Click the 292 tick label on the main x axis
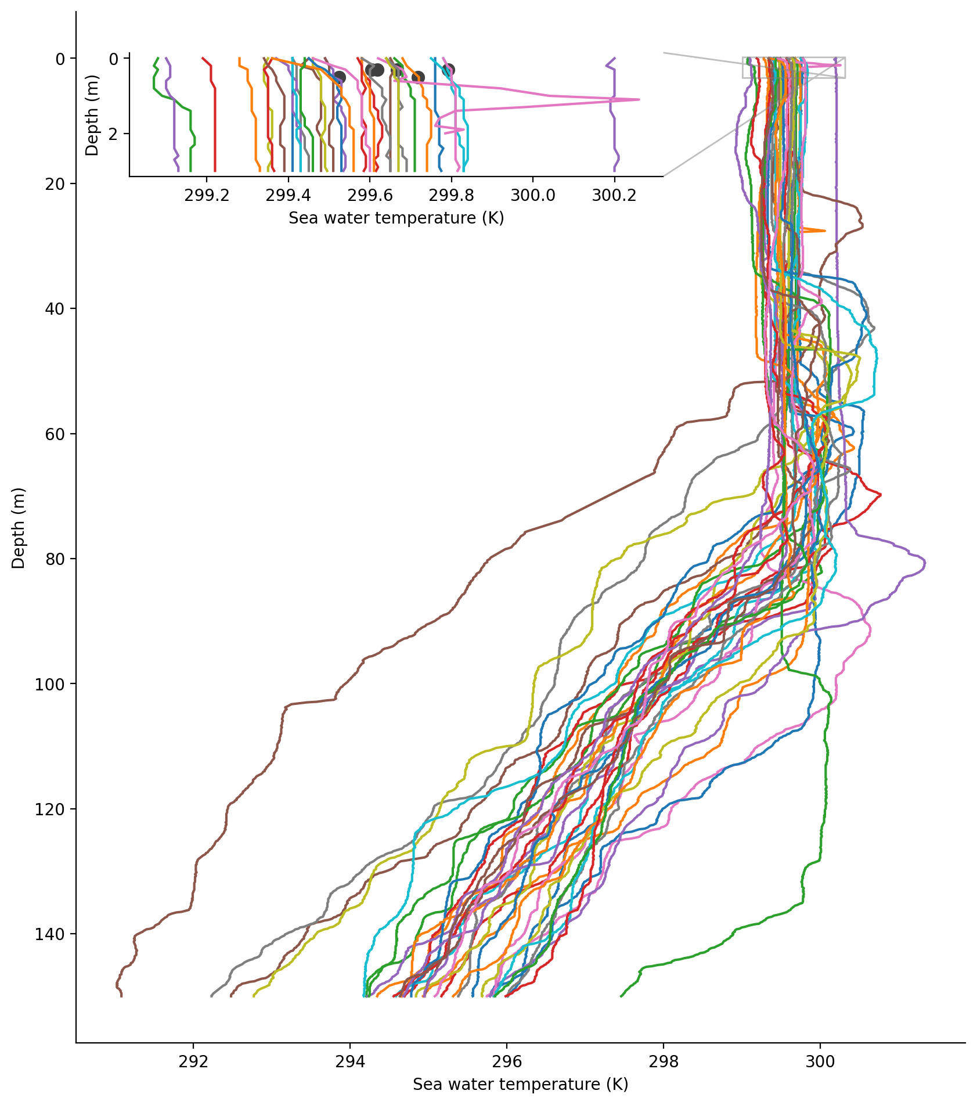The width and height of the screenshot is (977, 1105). pyautogui.click(x=193, y=1061)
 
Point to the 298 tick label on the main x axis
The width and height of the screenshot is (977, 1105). pyautogui.click(x=664, y=1061)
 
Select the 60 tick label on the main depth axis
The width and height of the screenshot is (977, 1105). pyautogui.click(x=57, y=434)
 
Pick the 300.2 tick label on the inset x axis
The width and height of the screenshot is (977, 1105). pyautogui.click(x=614, y=195)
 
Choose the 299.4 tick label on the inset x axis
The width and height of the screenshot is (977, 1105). pyautogui.click(x=289, y=195)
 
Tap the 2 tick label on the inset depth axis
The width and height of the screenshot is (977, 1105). pyautogui.click(x=114, y=134)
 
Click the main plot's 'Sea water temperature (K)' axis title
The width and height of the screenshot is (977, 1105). pyautogui.click(x=520, y=1084)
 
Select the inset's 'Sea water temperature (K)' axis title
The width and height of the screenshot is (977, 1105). pyautogui.click(x=396, y=218)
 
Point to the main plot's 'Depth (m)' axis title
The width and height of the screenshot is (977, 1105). pyautogui.click(x=19, y=528)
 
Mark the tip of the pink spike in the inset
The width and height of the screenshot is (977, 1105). pyautogui.click(x=639, y=99)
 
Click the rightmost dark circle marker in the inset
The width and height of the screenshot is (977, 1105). pyautogui.click(x=448, y=70)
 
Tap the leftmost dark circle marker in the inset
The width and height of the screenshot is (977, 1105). pyautogui.click(x=340, y=78)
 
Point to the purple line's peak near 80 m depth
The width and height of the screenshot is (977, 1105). pyautogui.click(x=925, y=564)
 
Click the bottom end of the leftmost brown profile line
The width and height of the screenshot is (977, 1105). pyautogui.click(x=121, y=996)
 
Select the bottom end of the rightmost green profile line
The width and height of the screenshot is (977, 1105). pyautogui.click(x=621, y=996)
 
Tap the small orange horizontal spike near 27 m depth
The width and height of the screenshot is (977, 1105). pyautogui.click(x=824, y=231)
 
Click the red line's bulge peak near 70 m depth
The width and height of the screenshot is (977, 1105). pyautogui.click(x=881, y=494)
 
